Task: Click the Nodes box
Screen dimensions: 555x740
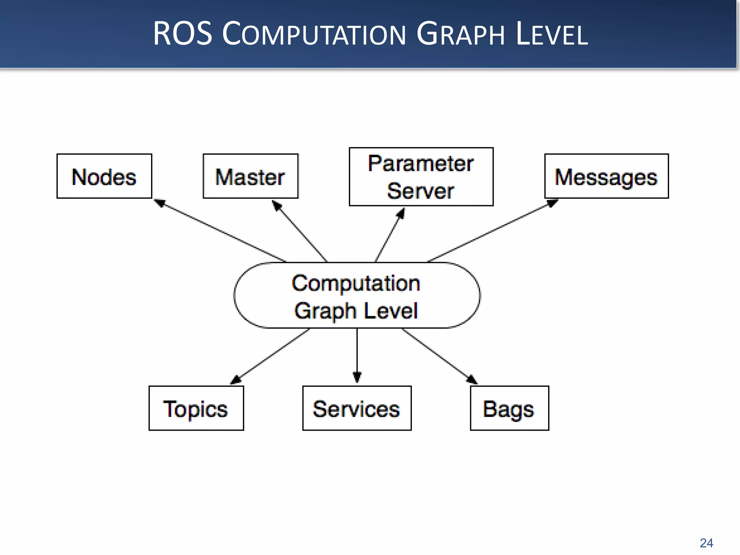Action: click(104, 176)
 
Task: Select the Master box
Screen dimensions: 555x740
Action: click(250, 176)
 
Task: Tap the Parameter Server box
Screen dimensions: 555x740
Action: click(421, 177)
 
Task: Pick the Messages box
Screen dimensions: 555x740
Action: click(606, 176)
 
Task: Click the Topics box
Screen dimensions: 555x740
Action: click(196, 408)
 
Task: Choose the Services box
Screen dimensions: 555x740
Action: click(357, 408)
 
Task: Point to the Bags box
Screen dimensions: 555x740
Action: click(509, 408)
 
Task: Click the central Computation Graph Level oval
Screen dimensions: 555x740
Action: click(357, 296)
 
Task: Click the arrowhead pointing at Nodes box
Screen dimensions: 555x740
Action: click(160, 203)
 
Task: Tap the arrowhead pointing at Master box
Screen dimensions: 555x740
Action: click(277, 206)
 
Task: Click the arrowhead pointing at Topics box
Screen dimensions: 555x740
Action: click(236, 379)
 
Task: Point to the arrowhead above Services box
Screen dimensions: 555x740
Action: click(357, 377)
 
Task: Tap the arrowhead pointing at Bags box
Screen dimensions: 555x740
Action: click(472, 379)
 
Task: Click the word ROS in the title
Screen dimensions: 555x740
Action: click(182, 34)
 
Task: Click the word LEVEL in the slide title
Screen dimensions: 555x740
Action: click(552, 34)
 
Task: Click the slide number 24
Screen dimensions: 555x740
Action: click(706, 543)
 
